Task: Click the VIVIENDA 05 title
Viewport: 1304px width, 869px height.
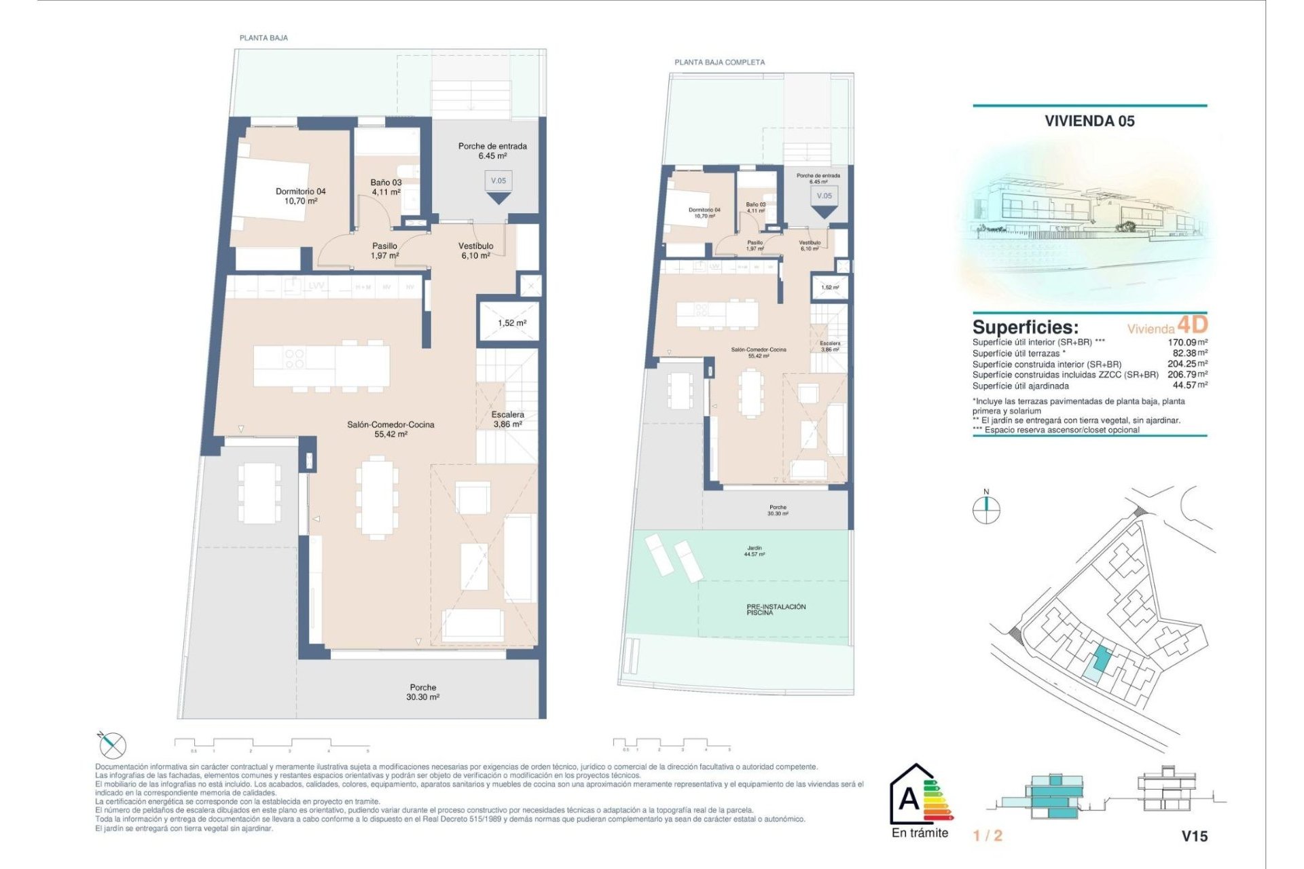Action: click(1089, 121)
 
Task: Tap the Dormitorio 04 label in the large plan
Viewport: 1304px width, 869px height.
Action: click(300, 196)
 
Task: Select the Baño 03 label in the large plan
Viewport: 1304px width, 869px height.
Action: click(386, 187)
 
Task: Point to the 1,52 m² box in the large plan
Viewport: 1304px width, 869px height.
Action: click(511, 322)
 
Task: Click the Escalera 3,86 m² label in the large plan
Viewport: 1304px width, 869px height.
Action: click(507, 419)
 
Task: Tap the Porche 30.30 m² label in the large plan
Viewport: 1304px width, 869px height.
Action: click(422, 692)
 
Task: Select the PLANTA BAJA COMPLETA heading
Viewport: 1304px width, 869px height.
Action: click(719, 62)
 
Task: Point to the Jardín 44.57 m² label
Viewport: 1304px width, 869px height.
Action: click(754, 551)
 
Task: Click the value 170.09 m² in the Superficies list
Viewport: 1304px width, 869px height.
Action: click(1187, 342)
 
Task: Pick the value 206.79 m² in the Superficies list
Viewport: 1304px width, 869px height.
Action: click(1187, 374)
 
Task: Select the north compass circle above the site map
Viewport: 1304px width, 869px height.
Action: click(986, 509)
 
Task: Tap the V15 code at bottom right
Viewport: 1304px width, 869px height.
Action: click(1194, 836)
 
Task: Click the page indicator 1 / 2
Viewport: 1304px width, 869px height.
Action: click(988, 836)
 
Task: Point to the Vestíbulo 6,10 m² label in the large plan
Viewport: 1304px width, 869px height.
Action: click(475, 251)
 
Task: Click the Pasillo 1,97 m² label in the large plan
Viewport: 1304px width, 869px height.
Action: click(384, 251)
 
